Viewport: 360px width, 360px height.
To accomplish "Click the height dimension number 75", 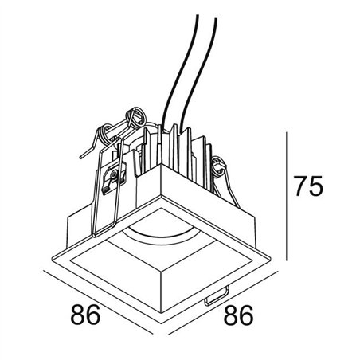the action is pyautogui.click(x=309, y=186).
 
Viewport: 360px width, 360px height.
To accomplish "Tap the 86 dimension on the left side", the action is pyautogui.click(x=85, y=315).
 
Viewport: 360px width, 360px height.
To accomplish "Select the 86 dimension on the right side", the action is pyautogui.click(x=239, y=315).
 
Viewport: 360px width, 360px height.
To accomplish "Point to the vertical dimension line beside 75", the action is pyautogui.click(x=287, y=196).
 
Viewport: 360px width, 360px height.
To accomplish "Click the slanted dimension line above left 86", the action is pyautogui.click(x=98, y=302).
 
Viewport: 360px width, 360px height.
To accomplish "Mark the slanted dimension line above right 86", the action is pyautogui.click(x=223, y=303).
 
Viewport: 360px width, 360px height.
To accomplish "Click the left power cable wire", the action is pyautogui.click(x=181, y=72).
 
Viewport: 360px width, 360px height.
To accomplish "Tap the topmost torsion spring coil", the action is pyautogui.click(x=135, y=118).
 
